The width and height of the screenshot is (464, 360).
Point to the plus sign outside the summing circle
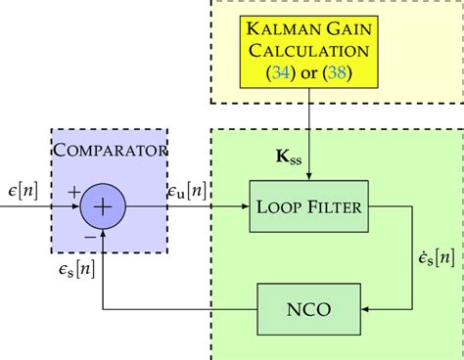[72, 195]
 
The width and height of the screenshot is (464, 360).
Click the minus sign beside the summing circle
[89, 235]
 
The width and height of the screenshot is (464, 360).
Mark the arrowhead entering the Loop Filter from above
[310, 176]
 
